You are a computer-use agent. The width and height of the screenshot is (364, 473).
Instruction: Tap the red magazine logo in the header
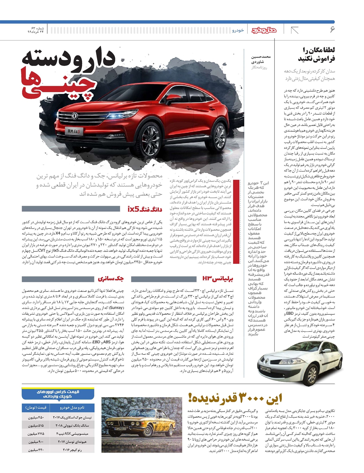point(264,30)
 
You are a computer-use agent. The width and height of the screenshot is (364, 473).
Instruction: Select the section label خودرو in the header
point(238,30)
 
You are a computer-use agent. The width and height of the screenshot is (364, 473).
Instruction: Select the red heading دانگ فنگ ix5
point(145,209)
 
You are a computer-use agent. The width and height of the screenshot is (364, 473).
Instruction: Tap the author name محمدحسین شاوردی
point(261,59)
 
